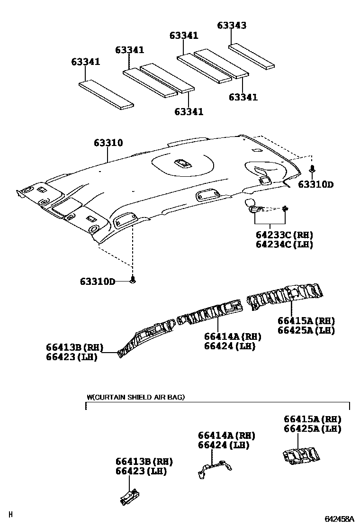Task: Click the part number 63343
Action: pos(232,26)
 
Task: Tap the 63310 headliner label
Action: pos(108,143)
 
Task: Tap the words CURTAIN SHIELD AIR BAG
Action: pos(138,397)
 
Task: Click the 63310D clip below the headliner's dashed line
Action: pos(133,280)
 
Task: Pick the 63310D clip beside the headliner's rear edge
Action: pos(313,168)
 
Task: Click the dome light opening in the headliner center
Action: pos(182,164)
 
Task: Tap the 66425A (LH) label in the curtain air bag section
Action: pos(312,429)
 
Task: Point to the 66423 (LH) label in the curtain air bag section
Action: pos(141,471)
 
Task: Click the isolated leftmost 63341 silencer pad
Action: pos(106,94)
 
